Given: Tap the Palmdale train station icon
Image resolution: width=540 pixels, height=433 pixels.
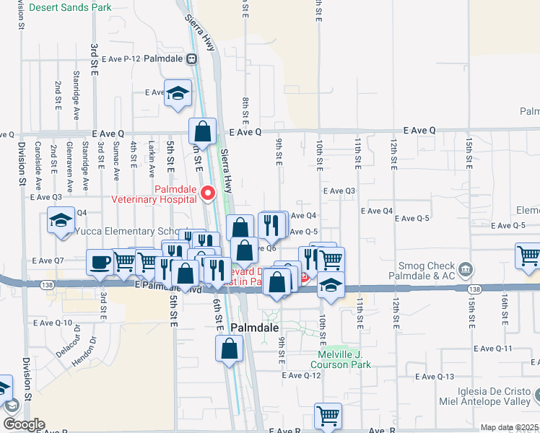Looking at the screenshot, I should (192, 58).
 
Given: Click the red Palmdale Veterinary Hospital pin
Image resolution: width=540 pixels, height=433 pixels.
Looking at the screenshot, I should (209, 193).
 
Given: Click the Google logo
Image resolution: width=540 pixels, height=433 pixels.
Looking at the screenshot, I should (25, 424).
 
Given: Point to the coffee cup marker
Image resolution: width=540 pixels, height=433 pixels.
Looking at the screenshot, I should (100, 261).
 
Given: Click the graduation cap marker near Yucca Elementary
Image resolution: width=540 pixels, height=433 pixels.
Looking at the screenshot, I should (61, 219).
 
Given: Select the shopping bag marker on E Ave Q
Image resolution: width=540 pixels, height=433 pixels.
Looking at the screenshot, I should (203, 131).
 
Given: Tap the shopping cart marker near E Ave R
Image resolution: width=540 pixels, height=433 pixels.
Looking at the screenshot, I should (328, 416).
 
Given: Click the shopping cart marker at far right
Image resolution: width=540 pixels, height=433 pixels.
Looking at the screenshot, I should (528, 255).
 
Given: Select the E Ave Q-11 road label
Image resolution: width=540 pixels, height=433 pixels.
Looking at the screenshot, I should (493, 348).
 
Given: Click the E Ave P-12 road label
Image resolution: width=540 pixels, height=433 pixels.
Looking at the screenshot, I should (121, 58).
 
